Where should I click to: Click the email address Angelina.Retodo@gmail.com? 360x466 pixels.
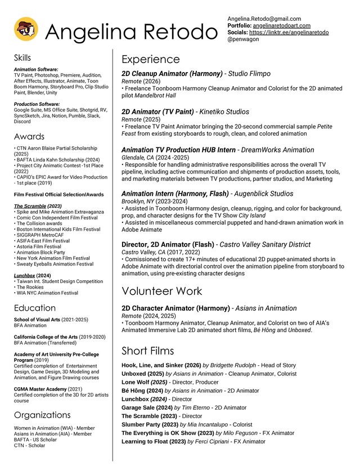point(264,19)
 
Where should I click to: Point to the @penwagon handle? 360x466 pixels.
point(242,40)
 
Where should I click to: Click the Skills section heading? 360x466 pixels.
point(22,58)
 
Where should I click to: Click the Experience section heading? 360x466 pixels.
point(151,60)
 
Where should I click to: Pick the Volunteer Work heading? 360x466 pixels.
point(163,291)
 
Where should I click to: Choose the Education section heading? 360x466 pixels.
point(35,308)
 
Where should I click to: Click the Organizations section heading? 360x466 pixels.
point(42,415)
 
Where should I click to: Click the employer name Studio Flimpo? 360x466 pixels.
point(249,74)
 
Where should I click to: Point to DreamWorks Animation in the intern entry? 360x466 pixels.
point(278,150)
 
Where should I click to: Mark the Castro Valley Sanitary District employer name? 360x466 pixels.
point(265,245)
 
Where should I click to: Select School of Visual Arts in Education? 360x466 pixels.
point(37,320)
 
